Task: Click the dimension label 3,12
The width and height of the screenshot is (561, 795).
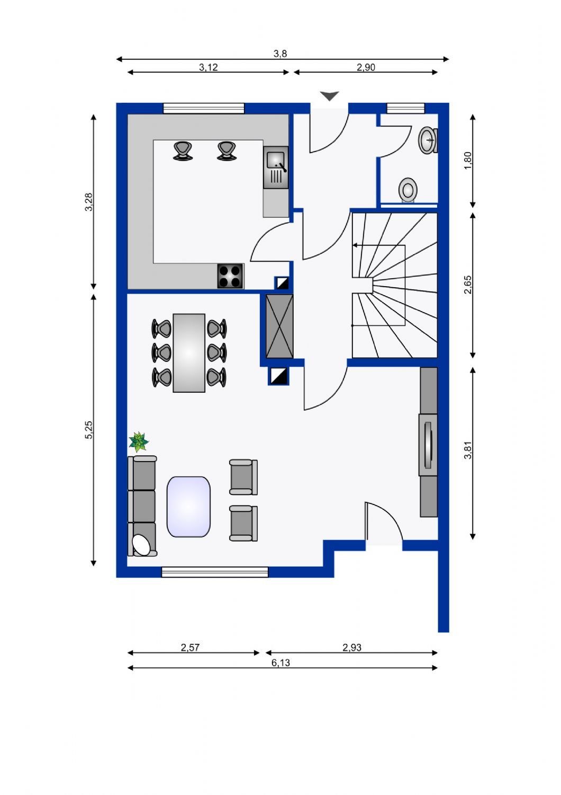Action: click(x=208, y=67)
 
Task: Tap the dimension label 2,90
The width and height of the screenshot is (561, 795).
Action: click(x=366, y=67)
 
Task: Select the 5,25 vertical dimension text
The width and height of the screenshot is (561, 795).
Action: click(x=88, y=430)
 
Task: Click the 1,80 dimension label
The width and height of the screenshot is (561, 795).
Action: click(x=468, y=161)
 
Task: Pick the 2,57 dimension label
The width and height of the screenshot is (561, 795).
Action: click(x=190, y=647)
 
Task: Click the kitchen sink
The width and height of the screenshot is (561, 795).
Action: click(x=276, y=167)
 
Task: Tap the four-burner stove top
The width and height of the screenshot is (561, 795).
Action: click(x=230, y=276)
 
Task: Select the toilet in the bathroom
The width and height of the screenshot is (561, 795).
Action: click(x=408, y=191)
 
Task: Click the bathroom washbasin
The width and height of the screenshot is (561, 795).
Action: click(x=429, y=140)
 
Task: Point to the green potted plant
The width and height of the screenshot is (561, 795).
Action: click(x=139, y=441)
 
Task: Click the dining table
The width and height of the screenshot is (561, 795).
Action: click(x=189, y=353)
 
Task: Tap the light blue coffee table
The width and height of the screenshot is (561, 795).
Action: click(x=188, y=507)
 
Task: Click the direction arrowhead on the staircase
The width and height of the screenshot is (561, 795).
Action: click(x=355, y=245)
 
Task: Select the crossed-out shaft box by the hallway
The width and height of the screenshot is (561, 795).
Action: click(x=279, y=326)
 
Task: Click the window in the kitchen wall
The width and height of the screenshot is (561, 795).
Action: click(x=204, y=108)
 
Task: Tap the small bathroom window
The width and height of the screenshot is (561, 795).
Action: click(x=405, y=108)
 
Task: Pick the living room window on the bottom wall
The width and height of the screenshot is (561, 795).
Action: click(x=215, y=572)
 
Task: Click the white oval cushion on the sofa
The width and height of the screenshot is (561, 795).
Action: click(x=141, y=544)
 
